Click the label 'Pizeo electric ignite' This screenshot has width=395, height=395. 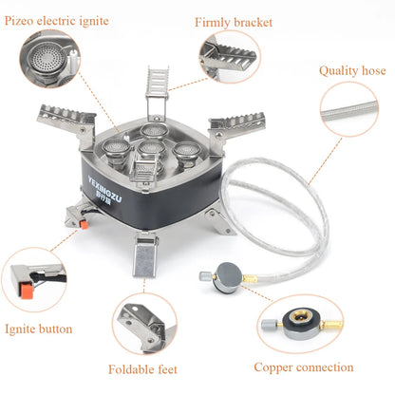[x=56, y=20]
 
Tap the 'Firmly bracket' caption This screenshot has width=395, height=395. [x=233, y=21]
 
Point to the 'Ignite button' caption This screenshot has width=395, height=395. [x=38, y=329]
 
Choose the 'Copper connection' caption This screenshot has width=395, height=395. [x=303, y=367]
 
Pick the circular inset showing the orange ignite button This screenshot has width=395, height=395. [x=33, y=281]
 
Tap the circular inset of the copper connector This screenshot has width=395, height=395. [x=303, y=322]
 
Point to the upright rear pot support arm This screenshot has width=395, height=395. [x=157, y=95]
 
